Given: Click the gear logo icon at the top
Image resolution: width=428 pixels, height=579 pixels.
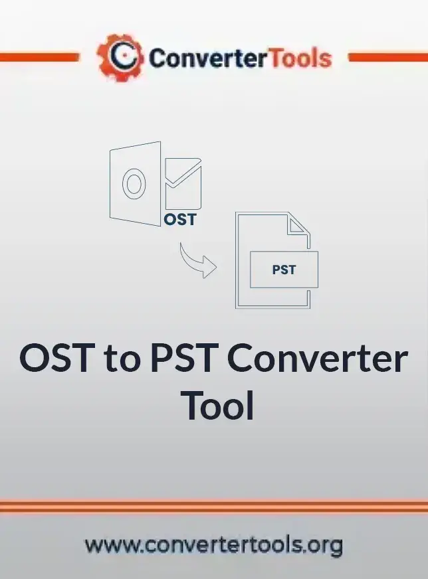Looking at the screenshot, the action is coord(120,57).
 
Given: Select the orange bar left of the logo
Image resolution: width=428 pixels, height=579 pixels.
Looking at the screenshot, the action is coord(40,57).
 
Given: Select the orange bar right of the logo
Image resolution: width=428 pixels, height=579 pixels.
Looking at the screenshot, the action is coord(388,57).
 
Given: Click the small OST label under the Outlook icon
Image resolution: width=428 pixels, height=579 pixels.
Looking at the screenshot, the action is coord(179,220).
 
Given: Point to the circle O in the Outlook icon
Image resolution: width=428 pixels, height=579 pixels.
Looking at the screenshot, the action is coord(134,184).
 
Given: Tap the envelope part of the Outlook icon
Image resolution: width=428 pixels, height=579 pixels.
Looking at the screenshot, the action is coord(183,183).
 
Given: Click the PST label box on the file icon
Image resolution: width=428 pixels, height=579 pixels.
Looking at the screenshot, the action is coord(284,270).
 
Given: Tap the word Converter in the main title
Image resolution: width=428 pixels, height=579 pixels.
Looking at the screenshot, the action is coord(318,358).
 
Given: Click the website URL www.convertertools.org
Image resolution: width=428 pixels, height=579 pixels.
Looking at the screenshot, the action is coord(214,545).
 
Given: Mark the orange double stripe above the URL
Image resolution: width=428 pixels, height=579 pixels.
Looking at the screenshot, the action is coord(214,506).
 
